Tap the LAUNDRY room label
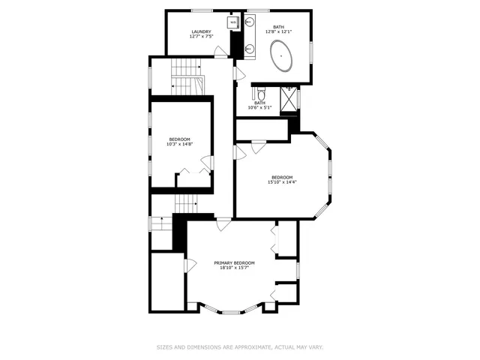(201, 31)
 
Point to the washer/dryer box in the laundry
(232, 22)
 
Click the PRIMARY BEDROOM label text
(234, 262)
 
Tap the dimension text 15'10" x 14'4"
(282, 182)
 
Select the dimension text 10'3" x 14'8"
(179, 144)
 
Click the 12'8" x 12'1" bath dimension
(278, 31)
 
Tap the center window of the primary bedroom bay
(231, 311)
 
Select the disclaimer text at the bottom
(239, 347)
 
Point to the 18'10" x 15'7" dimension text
(234, 268)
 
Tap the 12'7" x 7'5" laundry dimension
(201, 36)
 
